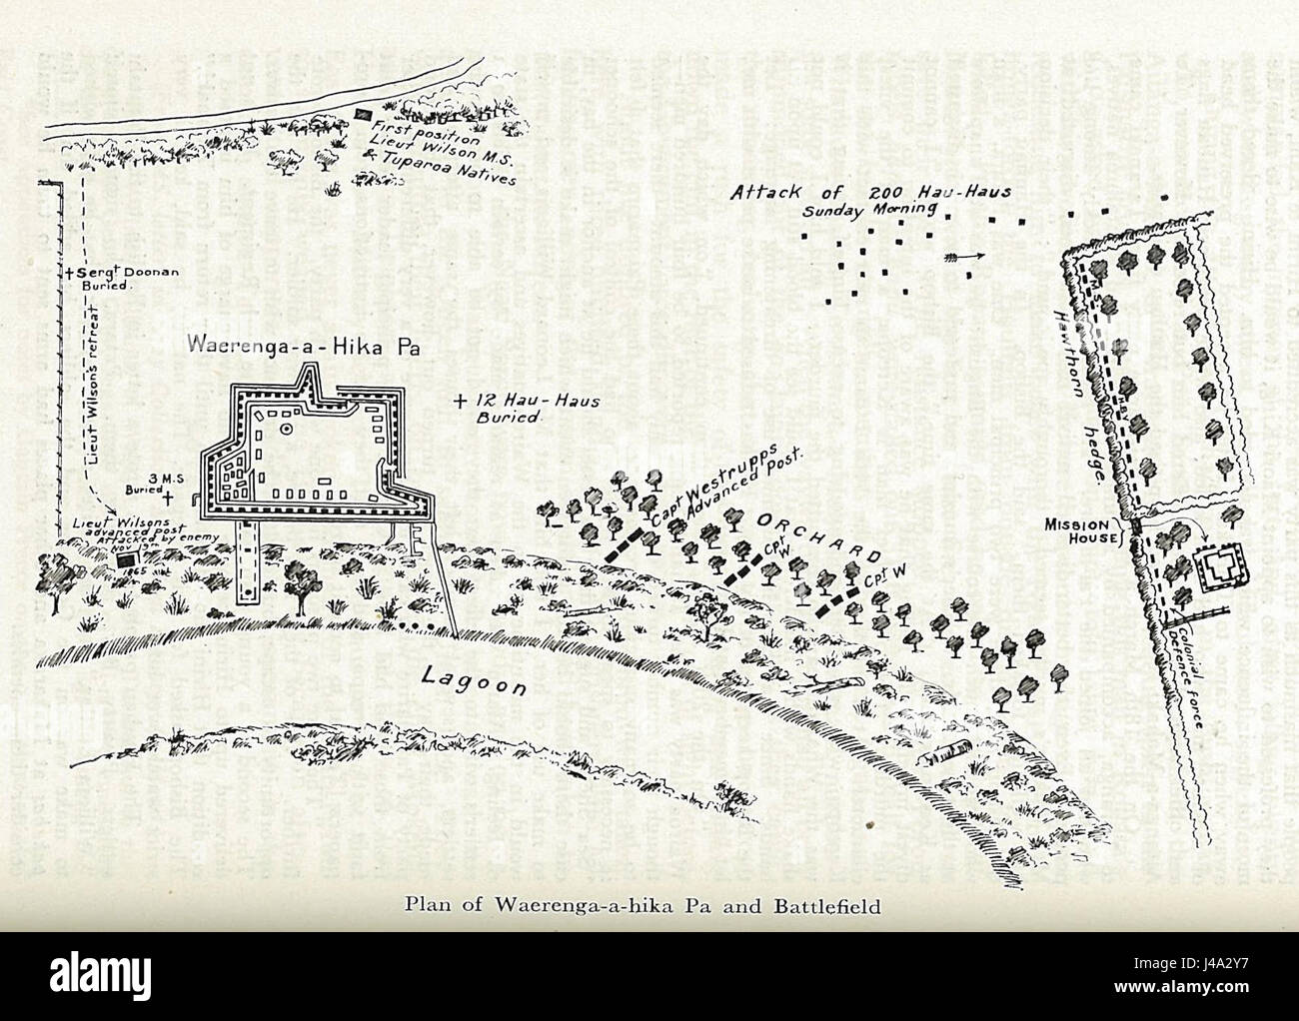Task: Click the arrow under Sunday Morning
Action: (963, 258)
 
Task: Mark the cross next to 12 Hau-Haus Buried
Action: (459, 403)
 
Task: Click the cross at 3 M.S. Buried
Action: (168, 497)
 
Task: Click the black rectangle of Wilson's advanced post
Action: (124, 560)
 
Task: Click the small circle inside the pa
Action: (287, 429)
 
